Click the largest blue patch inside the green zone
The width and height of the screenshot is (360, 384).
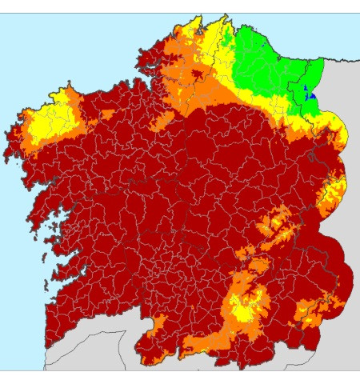point(313,94)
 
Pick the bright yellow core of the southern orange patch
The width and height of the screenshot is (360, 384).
point(240,303)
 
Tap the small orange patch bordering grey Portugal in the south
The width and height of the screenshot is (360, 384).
point(158,324)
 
